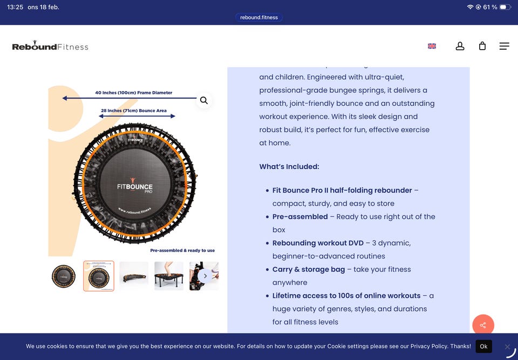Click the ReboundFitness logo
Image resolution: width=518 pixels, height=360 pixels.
pyautogui.click(x=50, y=46)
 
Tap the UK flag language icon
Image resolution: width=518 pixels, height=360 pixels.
pyautogui.click(x=432, y=46)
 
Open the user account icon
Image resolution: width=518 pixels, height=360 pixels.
pyautogui.click(x=460, y=46)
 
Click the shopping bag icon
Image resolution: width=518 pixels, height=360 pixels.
pyautogui.click(x=482, y=46)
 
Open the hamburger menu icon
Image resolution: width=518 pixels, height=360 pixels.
pyautogui.click(x=504, y=46)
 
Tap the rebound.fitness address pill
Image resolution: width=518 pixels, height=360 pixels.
pyautogui.click(x=259, y=17)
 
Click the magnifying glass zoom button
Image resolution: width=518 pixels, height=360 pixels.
pyautogui.click(x=204, y=100)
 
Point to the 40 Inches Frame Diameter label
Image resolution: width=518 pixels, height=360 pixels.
pyautogui.click(x=133, y=92)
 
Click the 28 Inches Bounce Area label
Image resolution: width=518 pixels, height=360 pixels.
pyautogui.click(x=134, y=111)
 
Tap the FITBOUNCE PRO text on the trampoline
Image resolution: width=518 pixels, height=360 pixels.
pyautogui.click(x=135, y=188)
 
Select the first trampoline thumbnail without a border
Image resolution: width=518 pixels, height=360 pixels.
pyautogui.click(x=64, y=276)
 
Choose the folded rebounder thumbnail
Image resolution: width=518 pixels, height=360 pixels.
pyautogui.click(x=134, y=276)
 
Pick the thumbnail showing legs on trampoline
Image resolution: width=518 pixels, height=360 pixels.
pyautogui.click(x=169, y=276)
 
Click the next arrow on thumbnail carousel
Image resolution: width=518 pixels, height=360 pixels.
pyautogui.click(x=205, y=276)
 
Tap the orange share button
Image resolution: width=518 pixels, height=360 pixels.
pyautogui.click(x=483, y=325)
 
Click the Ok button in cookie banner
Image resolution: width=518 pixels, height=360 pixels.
pyautogui.click(x=483, y=347)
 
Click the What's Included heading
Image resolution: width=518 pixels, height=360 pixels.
pyautogui.click(x=289, y=167)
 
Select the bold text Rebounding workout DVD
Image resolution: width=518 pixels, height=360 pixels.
pyautogui.click(x=318, y=243)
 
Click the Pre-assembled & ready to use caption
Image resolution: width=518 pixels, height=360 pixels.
pyautogui.click(x=182, y=250)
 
